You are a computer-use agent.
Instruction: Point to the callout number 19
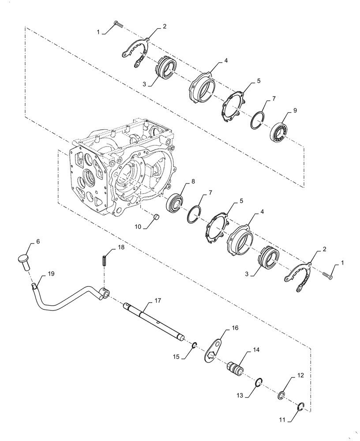(x=51, y=274)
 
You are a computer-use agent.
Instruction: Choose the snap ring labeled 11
(x=300, y=407)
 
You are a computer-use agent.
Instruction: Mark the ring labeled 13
(x=260, y=382)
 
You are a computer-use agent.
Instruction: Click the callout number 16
(x=235, y=328)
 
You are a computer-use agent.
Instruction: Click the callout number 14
(x=256, y=349)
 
